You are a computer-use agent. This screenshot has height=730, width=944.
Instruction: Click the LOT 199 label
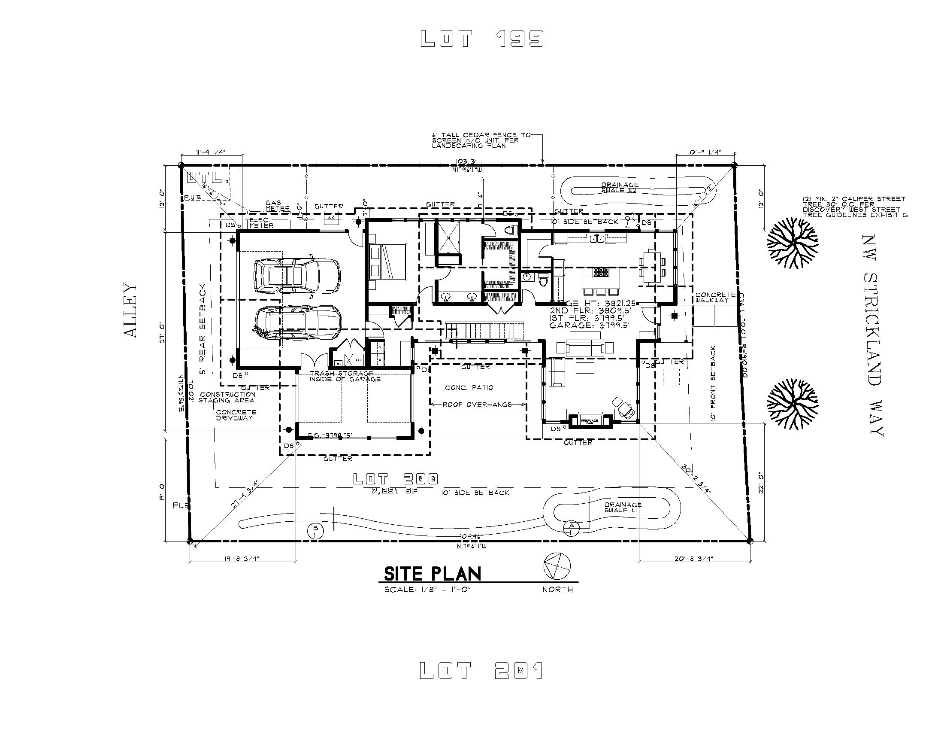coord(482,39)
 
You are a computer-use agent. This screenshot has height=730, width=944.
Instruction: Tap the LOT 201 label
coord(481,671)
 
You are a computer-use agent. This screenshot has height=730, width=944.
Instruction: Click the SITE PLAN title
coord(432,574)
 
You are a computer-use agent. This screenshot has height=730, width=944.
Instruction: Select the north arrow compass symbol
coord(557,566)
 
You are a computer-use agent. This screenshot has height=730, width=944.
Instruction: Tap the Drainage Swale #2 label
coord(620,187)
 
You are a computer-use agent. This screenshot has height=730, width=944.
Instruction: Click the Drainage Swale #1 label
coord(623,507)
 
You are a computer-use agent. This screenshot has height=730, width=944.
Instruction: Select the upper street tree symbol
coord(792,243)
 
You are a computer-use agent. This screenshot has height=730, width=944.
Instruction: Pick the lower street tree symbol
coord(792,405)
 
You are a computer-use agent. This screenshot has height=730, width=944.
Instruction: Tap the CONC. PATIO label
coord(469,387)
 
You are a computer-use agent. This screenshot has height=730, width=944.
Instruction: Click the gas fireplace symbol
coord(590,421)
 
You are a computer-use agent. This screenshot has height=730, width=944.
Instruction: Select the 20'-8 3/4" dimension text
coord(693,558)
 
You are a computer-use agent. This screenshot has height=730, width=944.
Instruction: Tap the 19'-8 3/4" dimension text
coord(242,558)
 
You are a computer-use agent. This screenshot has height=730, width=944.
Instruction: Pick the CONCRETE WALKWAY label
coord(715,297)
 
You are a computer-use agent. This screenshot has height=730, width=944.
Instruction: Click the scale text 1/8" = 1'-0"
coord(427,590)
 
